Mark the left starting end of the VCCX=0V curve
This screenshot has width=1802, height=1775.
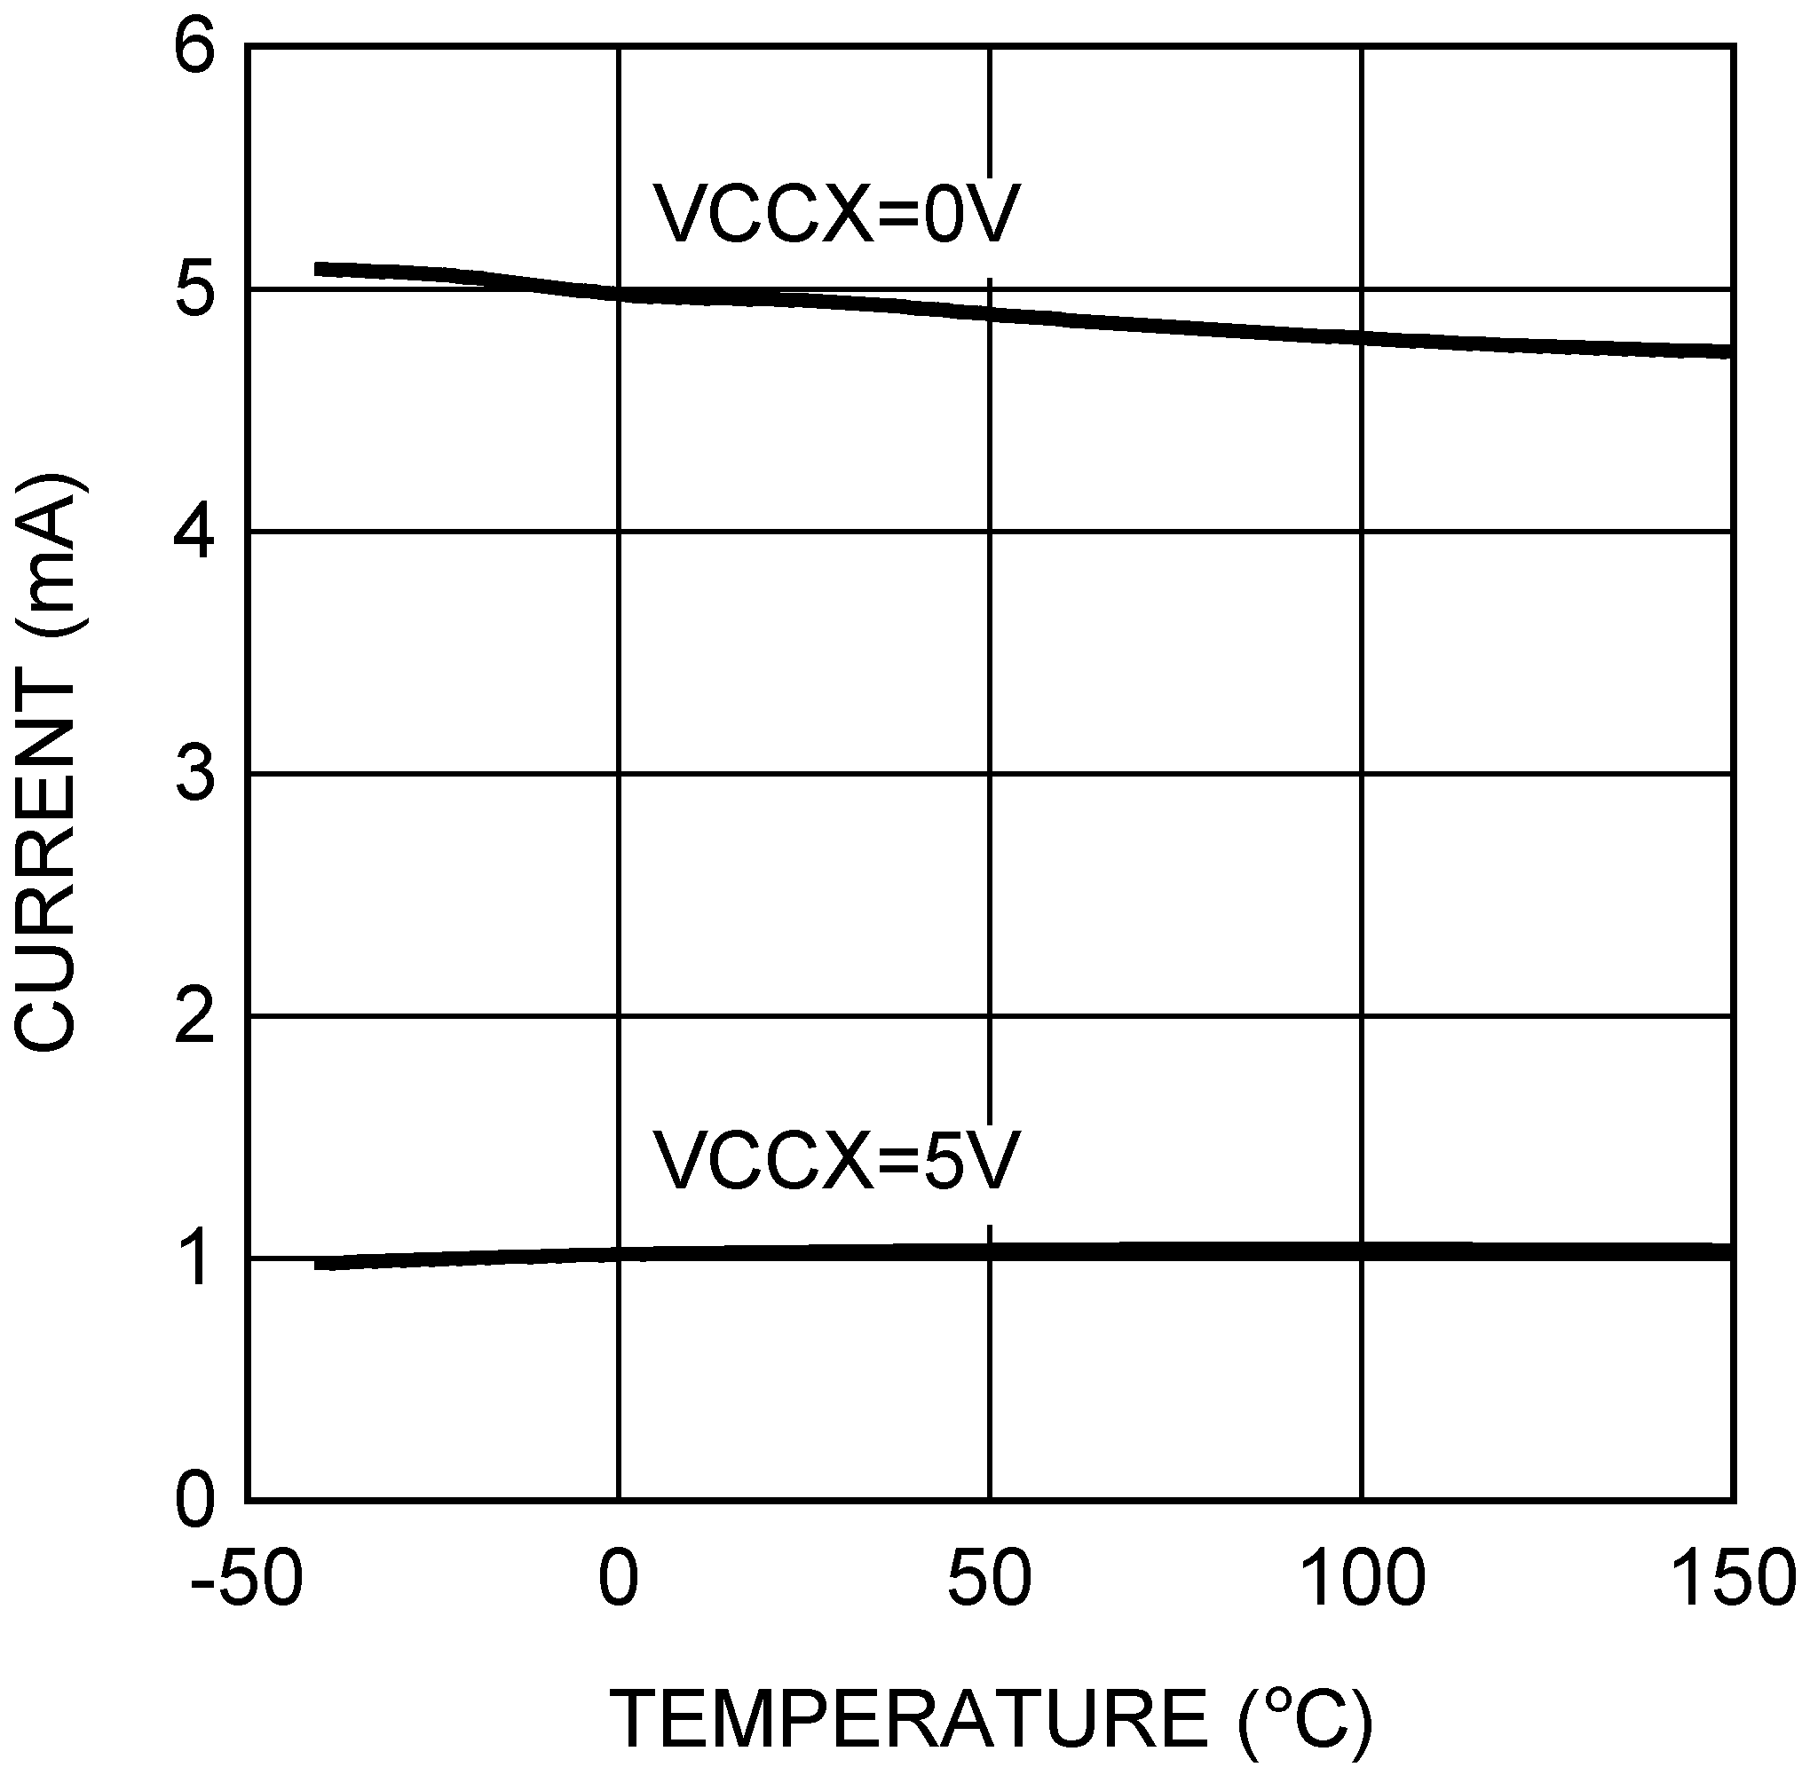coord(318,269)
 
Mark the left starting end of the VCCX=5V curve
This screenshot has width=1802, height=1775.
coord(318,1264)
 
